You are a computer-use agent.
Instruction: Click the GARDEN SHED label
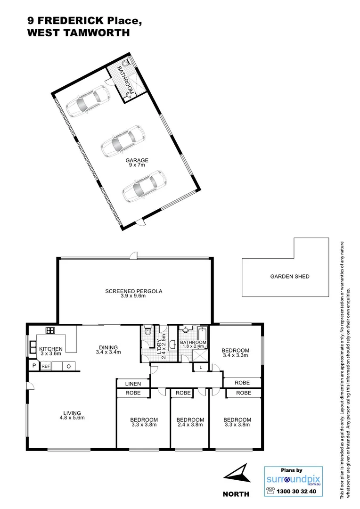289,277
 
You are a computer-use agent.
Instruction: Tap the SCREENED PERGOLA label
133,294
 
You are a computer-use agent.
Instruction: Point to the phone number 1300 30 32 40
298,491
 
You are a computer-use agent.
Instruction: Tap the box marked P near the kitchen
34,366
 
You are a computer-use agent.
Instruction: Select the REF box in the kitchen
46,366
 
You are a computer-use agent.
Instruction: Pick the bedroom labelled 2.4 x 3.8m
190,422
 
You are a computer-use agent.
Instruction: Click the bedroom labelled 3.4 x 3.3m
235,353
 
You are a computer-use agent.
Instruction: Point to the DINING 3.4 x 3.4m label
108,350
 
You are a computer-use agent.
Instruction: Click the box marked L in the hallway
201,367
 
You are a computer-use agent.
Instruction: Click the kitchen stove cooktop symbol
49,330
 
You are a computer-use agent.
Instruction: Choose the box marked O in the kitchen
68,366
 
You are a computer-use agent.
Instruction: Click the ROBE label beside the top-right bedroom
243,382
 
